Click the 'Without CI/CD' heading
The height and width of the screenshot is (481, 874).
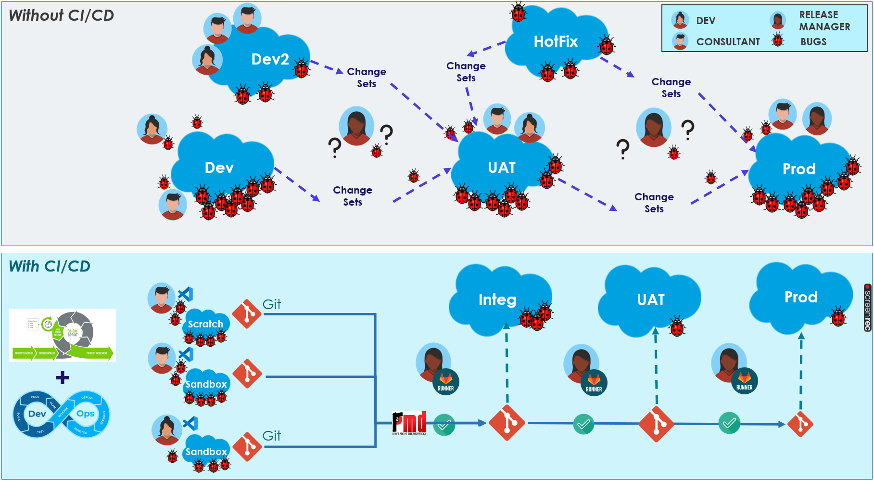coord(62,15)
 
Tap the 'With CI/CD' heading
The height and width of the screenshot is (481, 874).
coord(50,266)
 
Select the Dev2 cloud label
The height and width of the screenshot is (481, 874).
coord(270,59)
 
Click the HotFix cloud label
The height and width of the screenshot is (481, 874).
coord(556,41)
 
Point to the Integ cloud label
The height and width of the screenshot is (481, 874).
coord(497,299)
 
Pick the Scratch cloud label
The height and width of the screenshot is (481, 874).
coord(205,324)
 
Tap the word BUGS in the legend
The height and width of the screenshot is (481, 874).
coord(813,42)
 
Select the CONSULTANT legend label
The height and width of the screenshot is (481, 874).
coord(728,42)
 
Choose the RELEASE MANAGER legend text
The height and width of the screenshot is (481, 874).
coord(824,21)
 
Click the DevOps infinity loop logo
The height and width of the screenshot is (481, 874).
coord(61,414)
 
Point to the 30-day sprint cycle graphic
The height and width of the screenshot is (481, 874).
coord(63,335)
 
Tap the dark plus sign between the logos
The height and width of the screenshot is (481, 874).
coord(63,377)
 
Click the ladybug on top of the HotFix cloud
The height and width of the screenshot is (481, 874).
coord(519,12)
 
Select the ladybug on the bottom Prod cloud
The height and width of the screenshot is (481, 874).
coord(838,317)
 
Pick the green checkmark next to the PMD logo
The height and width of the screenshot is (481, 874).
coord(444,425)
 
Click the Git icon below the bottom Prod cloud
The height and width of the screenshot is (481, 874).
coord(800,424)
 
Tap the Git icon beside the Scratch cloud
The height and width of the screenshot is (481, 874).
coord(247,314)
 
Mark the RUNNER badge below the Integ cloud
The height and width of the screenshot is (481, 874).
coord(446,382)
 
